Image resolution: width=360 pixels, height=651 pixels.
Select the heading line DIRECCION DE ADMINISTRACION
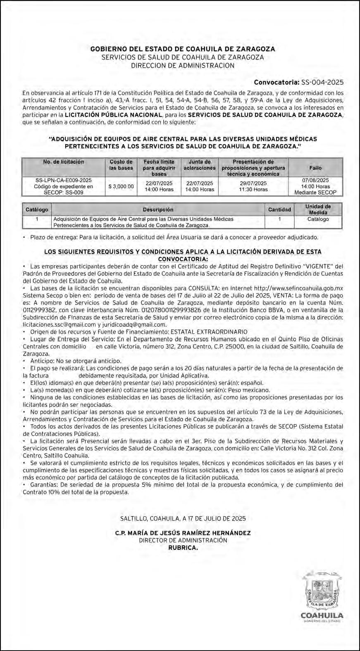(183, 65)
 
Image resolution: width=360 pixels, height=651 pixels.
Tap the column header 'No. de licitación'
(64, 162)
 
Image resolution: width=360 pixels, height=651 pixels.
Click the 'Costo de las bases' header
(121, 165)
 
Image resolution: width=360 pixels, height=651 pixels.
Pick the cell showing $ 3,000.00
(121, 186)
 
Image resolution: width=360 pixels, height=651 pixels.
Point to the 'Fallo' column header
(315, 168)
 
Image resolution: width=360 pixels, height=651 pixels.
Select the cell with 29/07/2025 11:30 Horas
(253, 186)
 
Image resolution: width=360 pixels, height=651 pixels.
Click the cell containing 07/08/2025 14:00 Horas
(315, 186)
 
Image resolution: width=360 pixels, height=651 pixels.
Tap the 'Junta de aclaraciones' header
(200, 165)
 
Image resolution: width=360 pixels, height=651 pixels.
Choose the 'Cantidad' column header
(279, 209)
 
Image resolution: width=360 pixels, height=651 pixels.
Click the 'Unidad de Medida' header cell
(318, 209)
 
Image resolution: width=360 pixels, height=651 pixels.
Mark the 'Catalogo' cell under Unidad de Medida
(318, 219)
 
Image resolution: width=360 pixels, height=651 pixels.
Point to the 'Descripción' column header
(158, 209)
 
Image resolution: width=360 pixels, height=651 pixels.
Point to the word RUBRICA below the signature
(183, 548)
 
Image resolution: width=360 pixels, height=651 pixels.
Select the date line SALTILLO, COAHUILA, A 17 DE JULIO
(183, 518)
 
